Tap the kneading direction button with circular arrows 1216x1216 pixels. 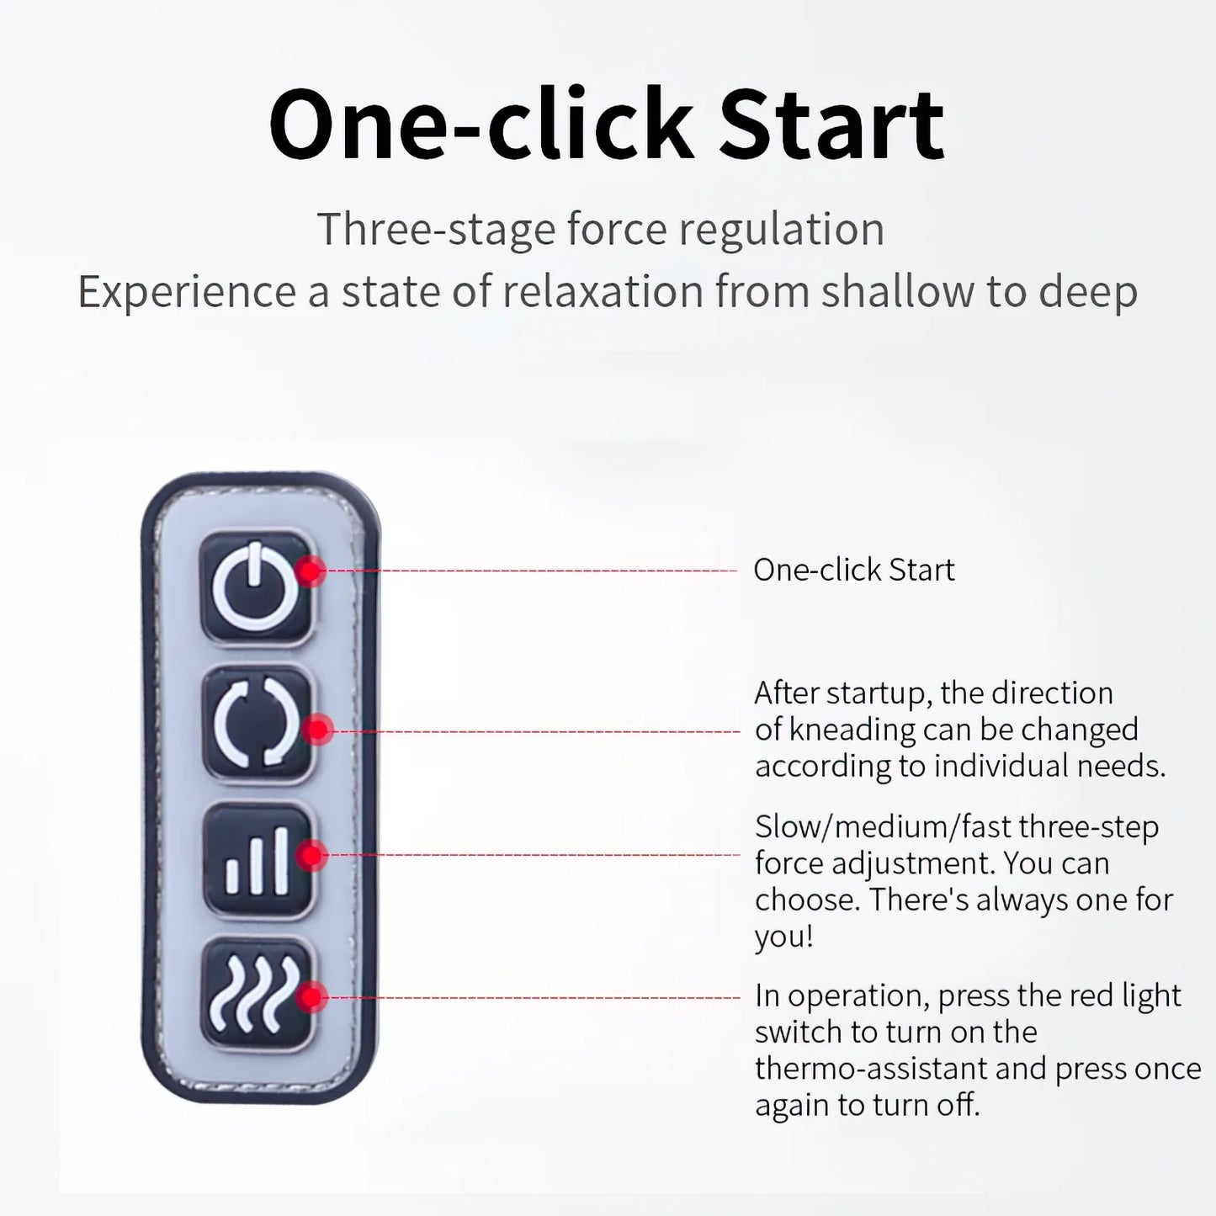pyautogui.click(x=257, y=724)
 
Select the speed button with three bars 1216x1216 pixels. pyautogui.click(x=258, y=860)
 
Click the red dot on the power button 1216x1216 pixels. pyautogui.click(x=310, y=571)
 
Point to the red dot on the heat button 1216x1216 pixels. pyautogui.click(x=311, y=998)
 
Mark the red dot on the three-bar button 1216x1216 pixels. pyautogui.click(x=311, y=856)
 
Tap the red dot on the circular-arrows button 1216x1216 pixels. pyautogui.click(x=317, y=730)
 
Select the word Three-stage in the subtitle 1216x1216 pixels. pyautogui.click(x=436, y=229)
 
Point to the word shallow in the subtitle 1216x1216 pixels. pyautogui.click(x=897, y=291)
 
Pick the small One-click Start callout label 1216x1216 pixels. pyautogui.click(x=854, y=570)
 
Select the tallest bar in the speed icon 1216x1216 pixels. pyautogui.click(x=281, y=861)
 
